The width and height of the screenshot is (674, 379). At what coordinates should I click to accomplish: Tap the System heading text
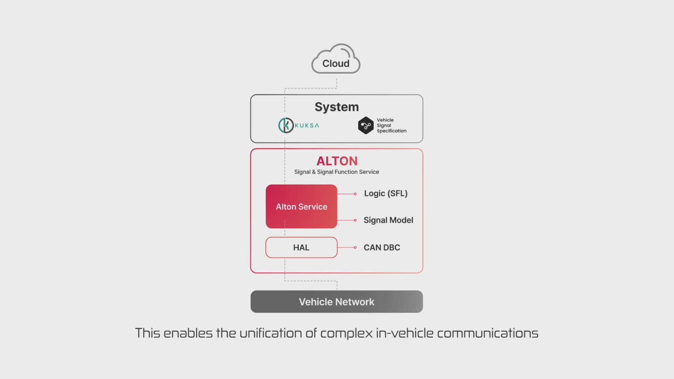336,107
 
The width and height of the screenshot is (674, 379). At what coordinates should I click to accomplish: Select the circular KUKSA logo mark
286,125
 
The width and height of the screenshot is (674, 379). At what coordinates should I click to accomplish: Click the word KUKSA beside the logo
307,126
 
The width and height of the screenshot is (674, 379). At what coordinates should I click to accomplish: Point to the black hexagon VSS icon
365,125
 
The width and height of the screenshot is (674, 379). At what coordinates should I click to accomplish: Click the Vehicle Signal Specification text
391,125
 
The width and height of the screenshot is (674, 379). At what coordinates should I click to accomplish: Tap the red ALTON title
337,161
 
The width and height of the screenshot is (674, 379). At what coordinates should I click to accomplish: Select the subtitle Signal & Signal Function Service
336,172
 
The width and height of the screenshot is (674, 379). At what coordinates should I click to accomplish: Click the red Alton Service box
301,206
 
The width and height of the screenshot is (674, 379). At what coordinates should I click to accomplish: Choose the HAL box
301,247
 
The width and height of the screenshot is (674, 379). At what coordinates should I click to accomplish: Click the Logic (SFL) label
385,193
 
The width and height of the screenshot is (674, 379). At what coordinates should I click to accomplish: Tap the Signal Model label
388,220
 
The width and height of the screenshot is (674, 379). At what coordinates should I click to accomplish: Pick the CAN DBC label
382,247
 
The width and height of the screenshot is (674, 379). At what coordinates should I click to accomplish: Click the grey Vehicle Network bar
336,301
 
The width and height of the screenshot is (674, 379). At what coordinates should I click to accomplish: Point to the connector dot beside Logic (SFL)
355,194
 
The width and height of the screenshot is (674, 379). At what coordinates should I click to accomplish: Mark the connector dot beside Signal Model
355,220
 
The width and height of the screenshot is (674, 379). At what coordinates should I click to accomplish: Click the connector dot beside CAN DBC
355,247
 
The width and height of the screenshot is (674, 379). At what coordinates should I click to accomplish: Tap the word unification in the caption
271,333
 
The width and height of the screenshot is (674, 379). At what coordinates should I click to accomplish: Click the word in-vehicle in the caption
404,333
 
